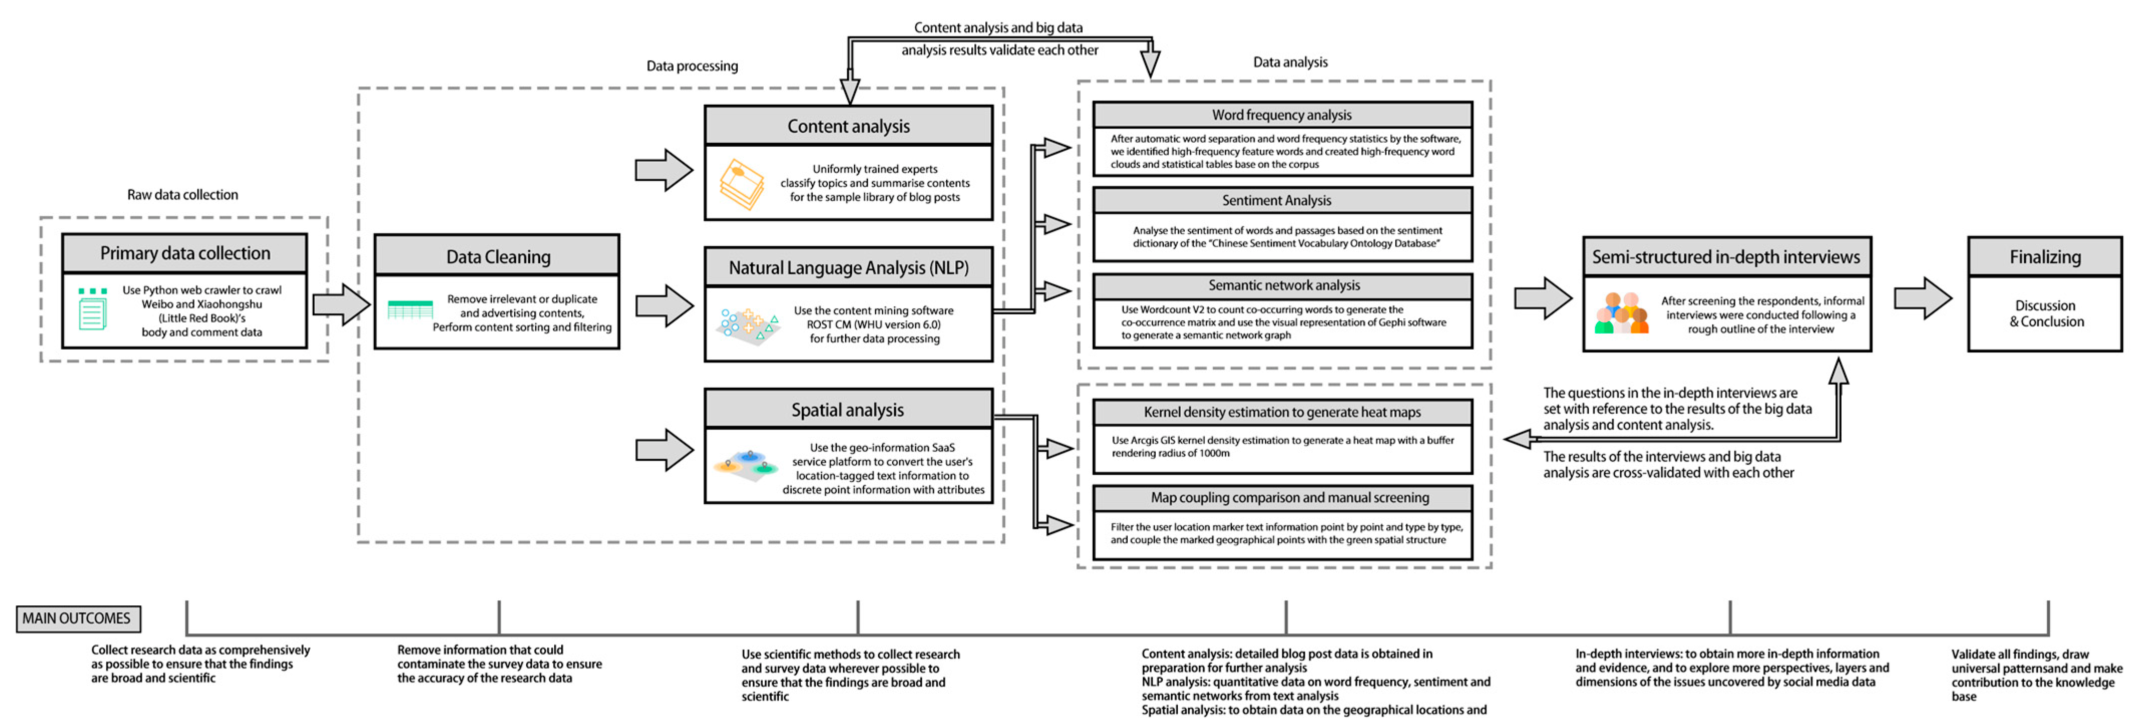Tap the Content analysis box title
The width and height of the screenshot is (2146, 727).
click(x=848, y=126)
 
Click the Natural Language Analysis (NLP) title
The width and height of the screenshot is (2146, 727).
click(x=848, y=268)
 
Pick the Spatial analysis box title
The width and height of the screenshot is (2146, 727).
click(x=847, y=410)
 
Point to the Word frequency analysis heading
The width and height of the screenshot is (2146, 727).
click(x=1281, y=115)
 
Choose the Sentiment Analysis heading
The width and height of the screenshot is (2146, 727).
click(x=1276, y=200)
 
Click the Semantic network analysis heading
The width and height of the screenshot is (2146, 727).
click(x=1284, y=285)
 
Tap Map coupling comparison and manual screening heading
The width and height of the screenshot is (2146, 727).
click(x=1290, y=497)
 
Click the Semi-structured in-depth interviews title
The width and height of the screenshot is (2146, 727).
click(x=1726, y=257)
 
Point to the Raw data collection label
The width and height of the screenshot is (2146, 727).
click(x=182, y=194)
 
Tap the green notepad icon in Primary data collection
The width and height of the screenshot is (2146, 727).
click(x=93, y=310)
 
